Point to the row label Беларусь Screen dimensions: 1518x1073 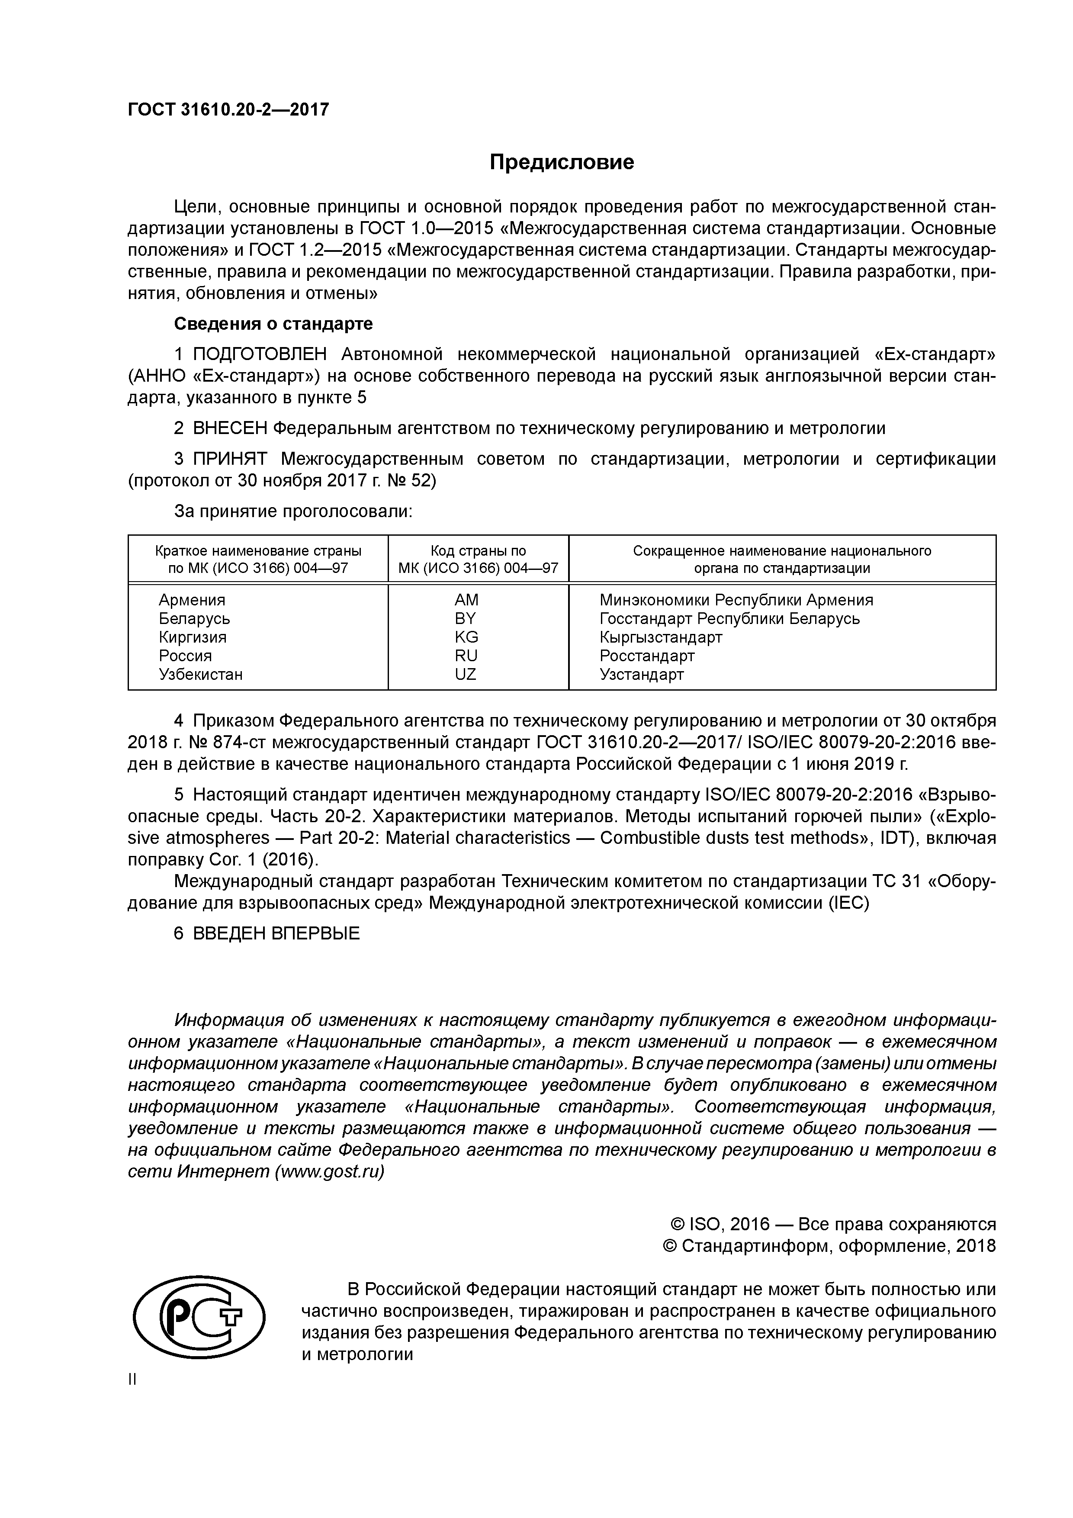(x=194, y=618)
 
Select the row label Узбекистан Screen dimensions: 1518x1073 (x=200, y=674)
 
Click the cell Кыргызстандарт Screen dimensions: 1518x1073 (x=661, y=637)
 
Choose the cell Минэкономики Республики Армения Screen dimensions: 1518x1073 (x=736, y=600)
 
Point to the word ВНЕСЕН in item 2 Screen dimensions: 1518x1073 (x=231, y=428)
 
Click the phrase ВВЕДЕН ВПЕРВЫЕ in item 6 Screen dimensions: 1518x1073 (x=276, y=933)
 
